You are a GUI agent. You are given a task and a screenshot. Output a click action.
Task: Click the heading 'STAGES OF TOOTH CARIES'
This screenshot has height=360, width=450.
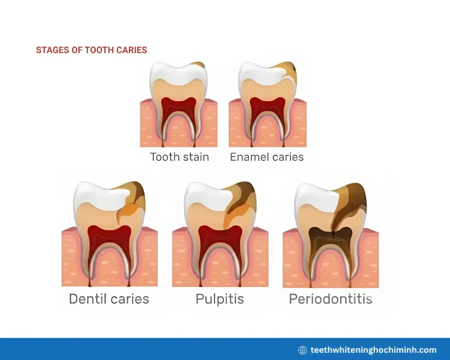click(91, 50)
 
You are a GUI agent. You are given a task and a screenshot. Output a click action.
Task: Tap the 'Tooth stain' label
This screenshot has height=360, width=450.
click(179, 157)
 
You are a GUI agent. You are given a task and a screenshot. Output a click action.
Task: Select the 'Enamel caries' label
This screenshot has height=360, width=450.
click(267, 157)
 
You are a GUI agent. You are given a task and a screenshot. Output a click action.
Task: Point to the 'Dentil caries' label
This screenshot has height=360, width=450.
click(109, 299)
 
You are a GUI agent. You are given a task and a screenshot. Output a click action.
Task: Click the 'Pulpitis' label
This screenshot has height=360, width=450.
click(220, 299)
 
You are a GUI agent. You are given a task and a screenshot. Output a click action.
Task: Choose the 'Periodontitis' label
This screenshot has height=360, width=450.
click(330, 299)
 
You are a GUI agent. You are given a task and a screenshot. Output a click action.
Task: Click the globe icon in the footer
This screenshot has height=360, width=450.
click(302, 350)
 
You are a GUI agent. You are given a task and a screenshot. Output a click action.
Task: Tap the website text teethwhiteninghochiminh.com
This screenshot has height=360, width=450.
click(374, 350)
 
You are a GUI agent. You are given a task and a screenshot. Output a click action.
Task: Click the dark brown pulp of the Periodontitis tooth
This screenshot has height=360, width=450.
click(330, 237)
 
